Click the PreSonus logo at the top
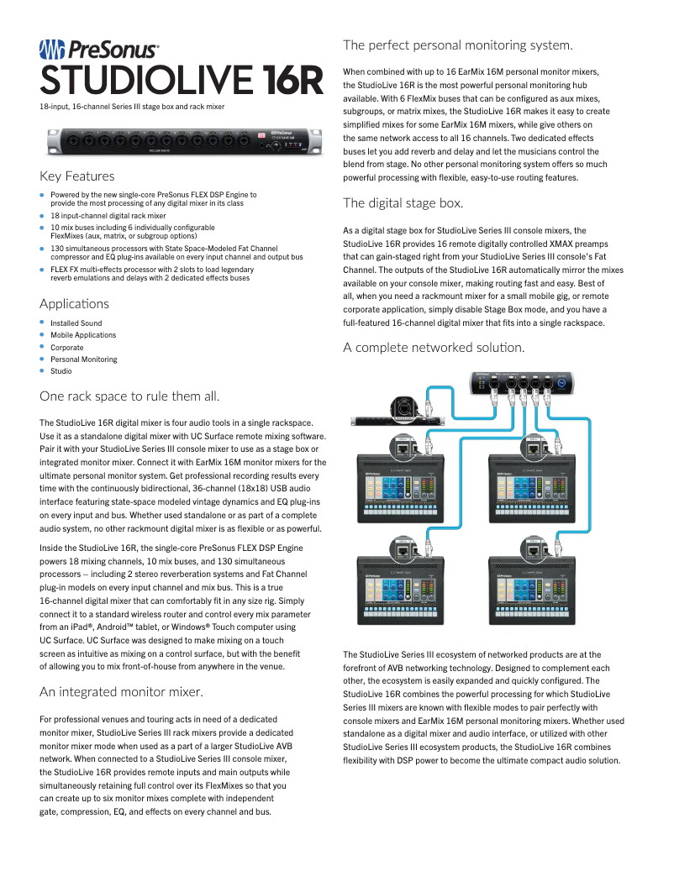point(99,50)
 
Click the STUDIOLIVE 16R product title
point(182,81)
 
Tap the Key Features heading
point(76,176)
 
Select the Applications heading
point(74,303)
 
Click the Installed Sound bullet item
point(76,323)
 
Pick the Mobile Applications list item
point(82,335)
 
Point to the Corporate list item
point(66,347)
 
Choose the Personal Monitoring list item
point(83,359)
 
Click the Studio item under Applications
point(61,371)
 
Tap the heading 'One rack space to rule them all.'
point(129,396)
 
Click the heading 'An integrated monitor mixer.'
point(121,692)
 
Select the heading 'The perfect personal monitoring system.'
point(457,45)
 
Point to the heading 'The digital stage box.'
point(403,202)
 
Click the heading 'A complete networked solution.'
point(434,348)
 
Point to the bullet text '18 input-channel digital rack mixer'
point(108,216)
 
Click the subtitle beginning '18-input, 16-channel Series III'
point(132,107)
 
